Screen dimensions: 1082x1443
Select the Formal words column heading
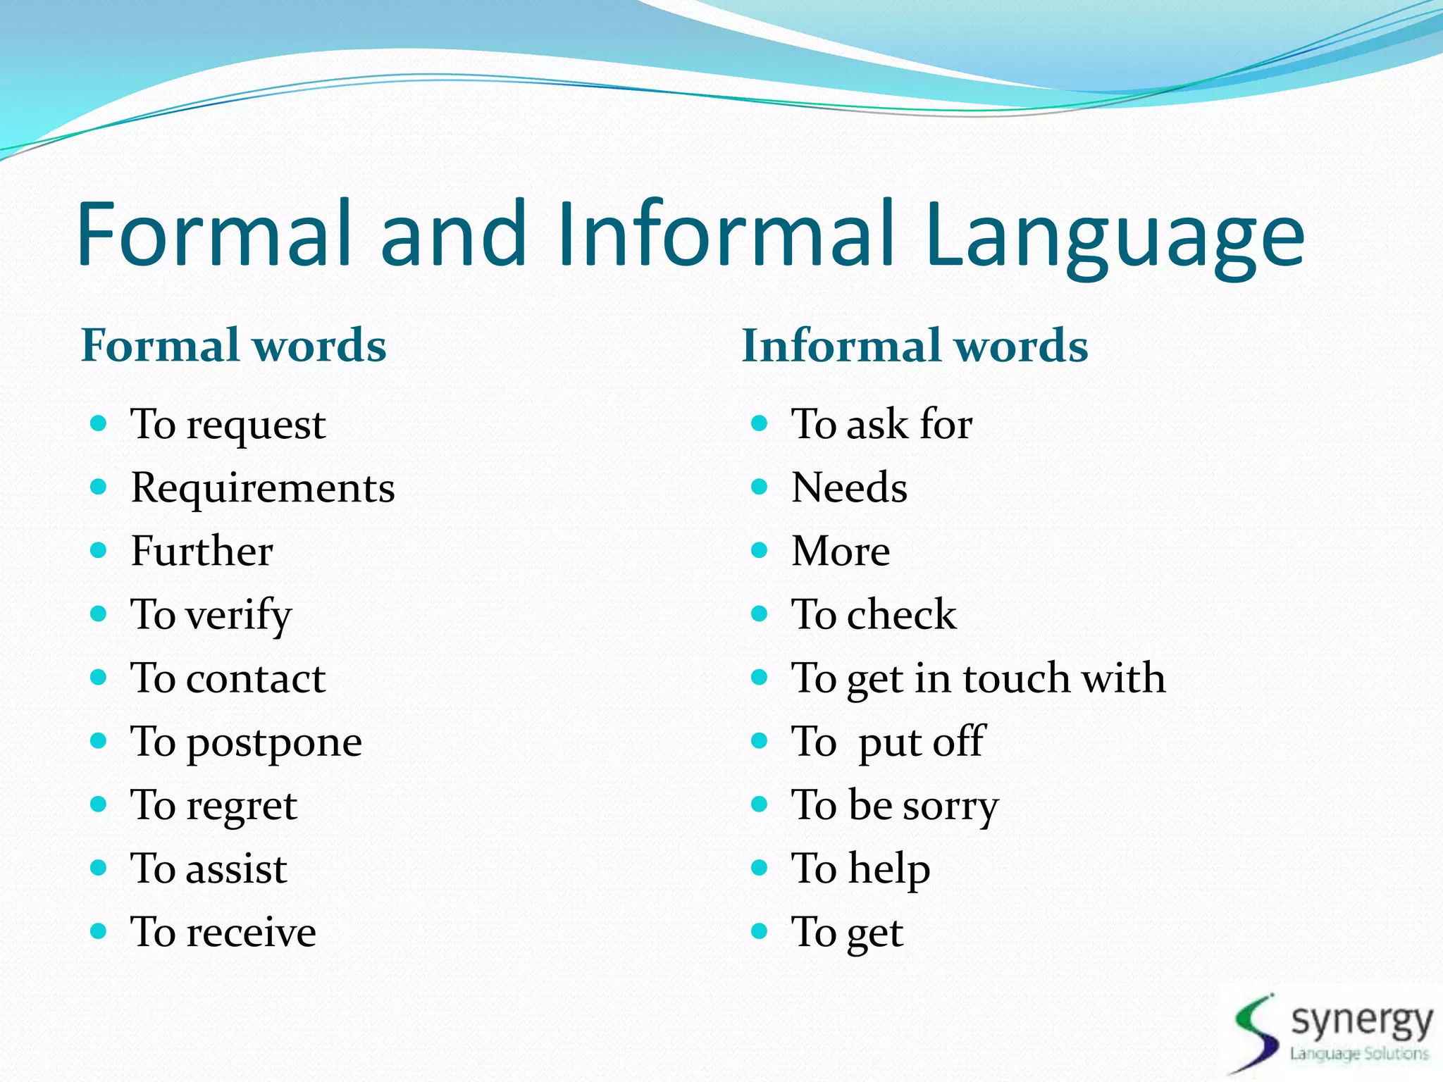click(234, 345)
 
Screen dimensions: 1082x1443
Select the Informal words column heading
click(915, 345)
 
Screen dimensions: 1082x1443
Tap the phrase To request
click(228, 425)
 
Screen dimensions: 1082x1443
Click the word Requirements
click(263, 487)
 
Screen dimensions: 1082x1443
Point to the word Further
click(202, 551)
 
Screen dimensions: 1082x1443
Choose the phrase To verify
click(211, 615)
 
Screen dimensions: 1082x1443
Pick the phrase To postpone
click(247, 742)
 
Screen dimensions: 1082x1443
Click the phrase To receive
click(223, 932)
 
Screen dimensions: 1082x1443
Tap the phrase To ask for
click(881, 424)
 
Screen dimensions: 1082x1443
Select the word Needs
click(849, 487)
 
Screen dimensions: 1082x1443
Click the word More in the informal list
click(841, 551)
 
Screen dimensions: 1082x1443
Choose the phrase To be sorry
click(895, 805)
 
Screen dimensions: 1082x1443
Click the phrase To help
click(860, 869)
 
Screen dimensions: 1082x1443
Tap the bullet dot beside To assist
click(99, 867)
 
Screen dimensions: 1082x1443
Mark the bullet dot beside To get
click(759, 931)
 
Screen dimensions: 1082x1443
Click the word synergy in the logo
click(1361, 1021)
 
